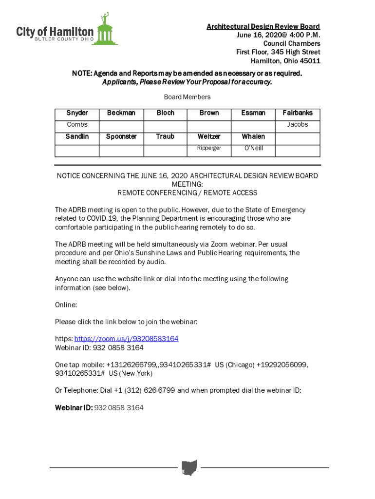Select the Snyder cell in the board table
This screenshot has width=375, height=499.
click(x=77, y=113)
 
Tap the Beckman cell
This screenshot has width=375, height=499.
click(x=121, y=113)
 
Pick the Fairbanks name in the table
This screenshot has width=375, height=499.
click(x=298, y=113)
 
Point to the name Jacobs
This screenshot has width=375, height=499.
click(x=298, y=125)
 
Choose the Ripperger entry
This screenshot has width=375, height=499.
click(x=209, y=148)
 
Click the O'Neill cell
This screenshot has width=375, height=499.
click(x=253, y=148)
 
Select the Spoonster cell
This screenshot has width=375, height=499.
click(x=121, y=136)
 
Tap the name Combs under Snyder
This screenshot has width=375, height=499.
click(x=77, y=125)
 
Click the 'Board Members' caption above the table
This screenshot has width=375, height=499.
click(x=187, y=97)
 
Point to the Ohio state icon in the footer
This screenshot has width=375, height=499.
click(x=189, y=467)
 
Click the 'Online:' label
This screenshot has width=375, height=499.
click(x=66, y=305)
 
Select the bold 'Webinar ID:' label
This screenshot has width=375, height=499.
click(x=74, y=407)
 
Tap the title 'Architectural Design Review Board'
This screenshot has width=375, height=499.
click(x=263, y=26)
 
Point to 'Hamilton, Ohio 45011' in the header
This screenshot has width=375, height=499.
click(x=285, y=61)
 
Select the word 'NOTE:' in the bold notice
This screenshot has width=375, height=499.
click(x=82, y=74)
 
